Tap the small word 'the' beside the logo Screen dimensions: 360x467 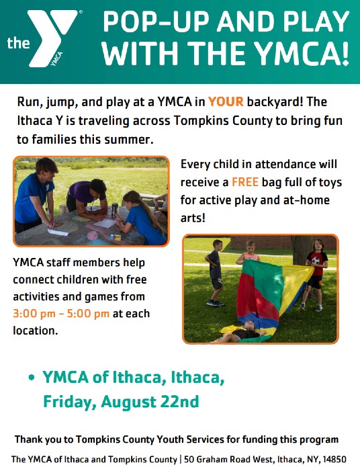pyautogui.click(x=18, y=43)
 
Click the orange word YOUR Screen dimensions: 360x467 pyautogui.click(x=226, y=102)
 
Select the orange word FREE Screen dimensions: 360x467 pyautogui.click(x=244, y=182)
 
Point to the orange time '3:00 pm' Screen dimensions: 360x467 pyautogui.click(x=34, y=314)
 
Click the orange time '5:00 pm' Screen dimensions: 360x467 pyautogui.click(x=88, y=314)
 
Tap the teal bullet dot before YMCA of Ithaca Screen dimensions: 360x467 pyautogui.click(x=32, y=378)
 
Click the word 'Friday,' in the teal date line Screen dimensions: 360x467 pyautogui.click(x=70, y=402)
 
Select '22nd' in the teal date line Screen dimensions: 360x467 pyautogui.click(x=179, y=401)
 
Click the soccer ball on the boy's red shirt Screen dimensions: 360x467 pyautogui.click(x=316, y=260)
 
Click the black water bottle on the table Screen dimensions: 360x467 pyautogui.click(x=114, y=210)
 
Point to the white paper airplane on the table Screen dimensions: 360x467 pyautogui.click(x=58, y=232)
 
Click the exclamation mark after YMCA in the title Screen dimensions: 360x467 pyautogui.click(x=345, y=54)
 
